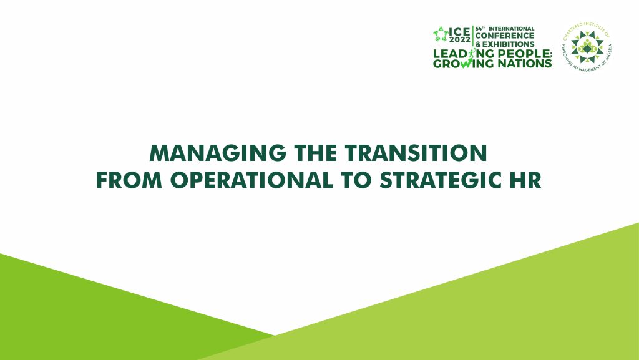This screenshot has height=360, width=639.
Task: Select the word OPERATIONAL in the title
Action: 251,180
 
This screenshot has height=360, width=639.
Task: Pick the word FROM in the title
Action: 129,180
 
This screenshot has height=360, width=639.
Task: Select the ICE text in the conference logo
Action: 459,32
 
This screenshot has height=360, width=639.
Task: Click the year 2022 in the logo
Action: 460,40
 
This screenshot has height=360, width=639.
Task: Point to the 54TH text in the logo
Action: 480,29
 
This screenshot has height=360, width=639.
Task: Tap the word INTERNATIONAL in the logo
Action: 512,29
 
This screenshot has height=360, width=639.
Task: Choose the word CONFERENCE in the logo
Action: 504,36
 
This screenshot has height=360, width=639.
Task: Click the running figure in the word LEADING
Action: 472,54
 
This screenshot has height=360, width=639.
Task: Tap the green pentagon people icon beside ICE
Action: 441,34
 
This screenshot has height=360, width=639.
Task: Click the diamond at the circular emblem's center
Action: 587,49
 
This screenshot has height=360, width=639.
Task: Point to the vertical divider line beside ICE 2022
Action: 473,36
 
